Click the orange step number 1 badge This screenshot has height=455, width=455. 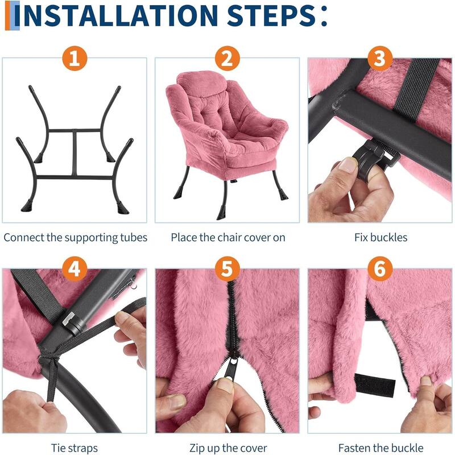pos(75,59)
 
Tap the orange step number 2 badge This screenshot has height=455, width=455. pos(227,59)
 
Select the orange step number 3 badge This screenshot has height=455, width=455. pos(380,59)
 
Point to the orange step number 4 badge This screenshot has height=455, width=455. pos(75,268)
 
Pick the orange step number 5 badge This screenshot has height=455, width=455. pos(227,268)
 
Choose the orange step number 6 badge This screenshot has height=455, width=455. pos(380,268)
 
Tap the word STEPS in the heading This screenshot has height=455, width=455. pos(271,15)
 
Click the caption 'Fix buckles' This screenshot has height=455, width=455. pos(380,237)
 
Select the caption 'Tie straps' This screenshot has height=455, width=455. pos(75,448)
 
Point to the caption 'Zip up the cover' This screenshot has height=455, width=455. pos(228,448)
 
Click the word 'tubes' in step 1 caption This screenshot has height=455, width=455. pos(134,237)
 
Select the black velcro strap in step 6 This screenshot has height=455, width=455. pos(375,386)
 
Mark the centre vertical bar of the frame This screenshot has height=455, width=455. pos(75,153)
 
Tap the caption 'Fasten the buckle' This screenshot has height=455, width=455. pos(380,448)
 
